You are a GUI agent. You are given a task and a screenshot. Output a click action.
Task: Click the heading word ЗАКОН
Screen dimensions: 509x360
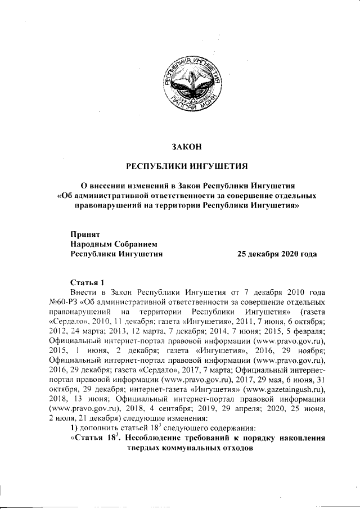point(186,147)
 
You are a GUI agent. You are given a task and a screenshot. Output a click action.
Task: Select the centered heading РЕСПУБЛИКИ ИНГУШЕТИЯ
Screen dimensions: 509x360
point(186,166)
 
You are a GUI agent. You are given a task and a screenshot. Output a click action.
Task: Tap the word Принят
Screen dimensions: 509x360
point(85,233)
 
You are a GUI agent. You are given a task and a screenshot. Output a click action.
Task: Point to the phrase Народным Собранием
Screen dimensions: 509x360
point(111,244)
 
